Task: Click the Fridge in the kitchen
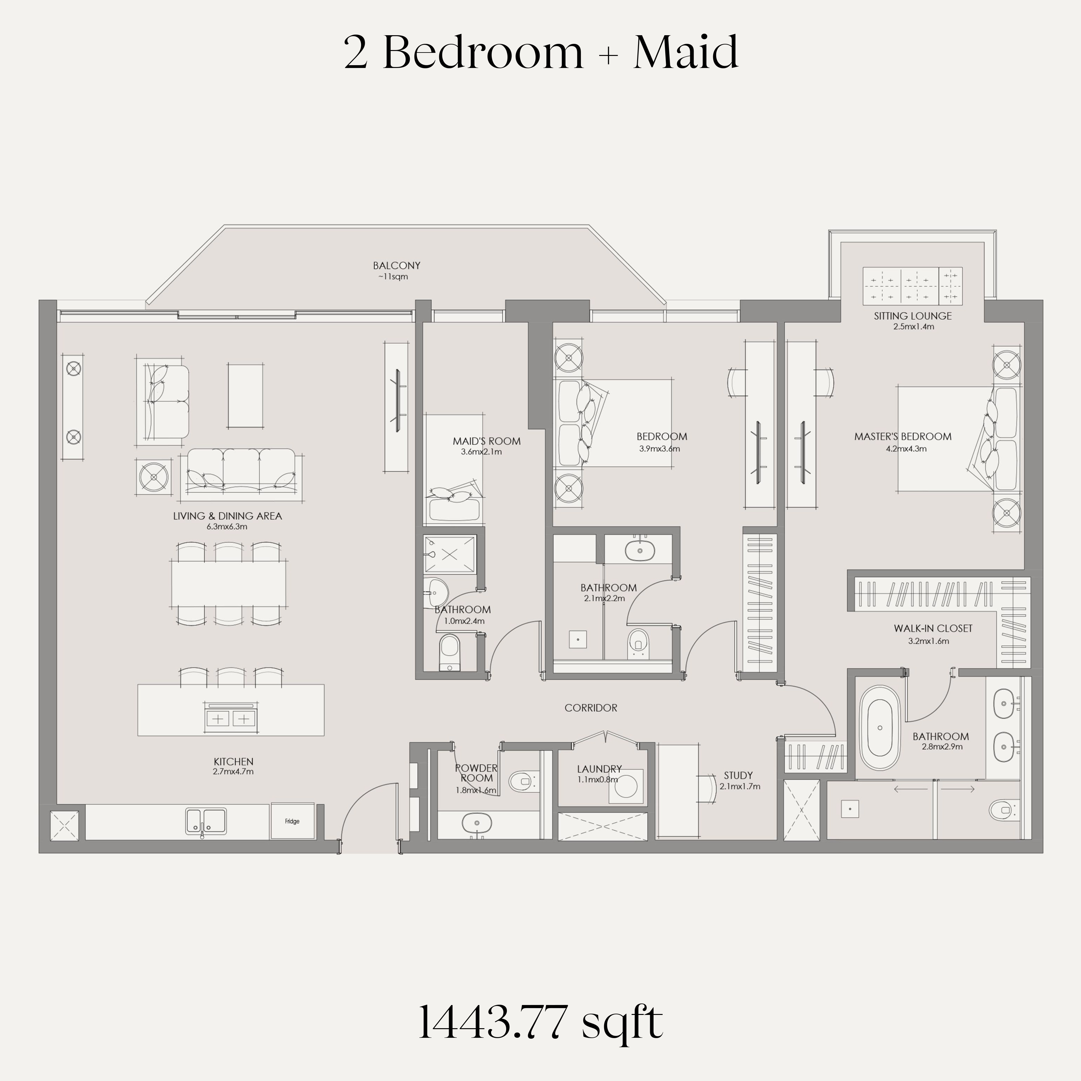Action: (292, 821)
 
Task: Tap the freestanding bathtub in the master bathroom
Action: (880, 728)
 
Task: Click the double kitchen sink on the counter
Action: (206, 821)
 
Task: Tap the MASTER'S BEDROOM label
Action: (902, 436)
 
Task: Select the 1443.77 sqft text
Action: (540, 1022)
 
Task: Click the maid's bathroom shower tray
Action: (450, 554)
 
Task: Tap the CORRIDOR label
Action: (591, 708)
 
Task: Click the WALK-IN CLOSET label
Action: (933, 628)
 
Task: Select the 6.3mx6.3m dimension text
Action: (227, 527)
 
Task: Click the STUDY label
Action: (738, 776)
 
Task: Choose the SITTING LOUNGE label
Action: (913, 316)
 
